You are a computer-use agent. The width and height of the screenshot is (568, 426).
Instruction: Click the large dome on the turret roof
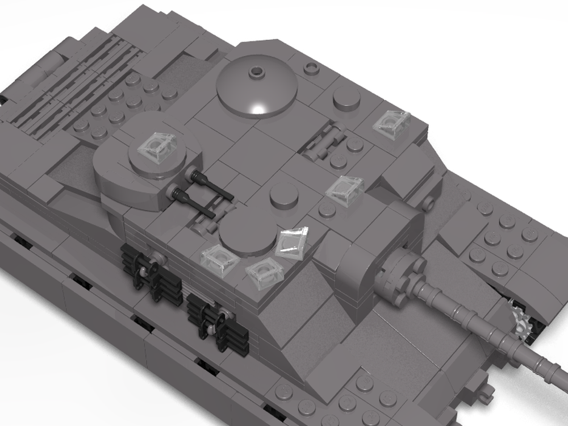[x=257, y=88]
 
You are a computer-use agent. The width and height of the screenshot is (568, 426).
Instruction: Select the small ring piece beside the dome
[x=310, y=69]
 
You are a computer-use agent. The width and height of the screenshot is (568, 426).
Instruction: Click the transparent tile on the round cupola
[x=158, y=147]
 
